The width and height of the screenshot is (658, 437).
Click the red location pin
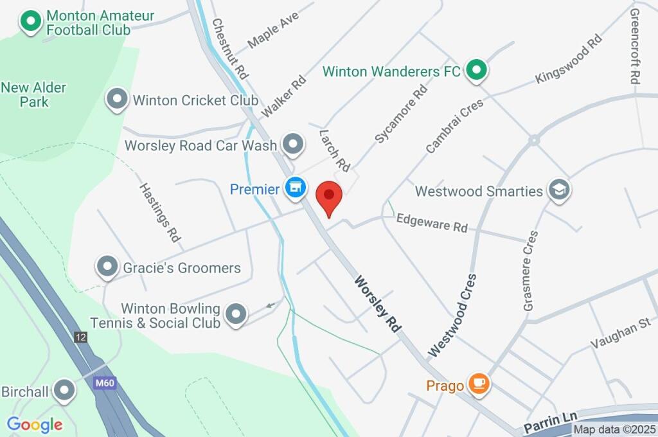click(x=330, y=195)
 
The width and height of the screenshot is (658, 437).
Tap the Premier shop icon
click(x=295, y=188)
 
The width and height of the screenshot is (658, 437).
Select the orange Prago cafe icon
click(x=478, y=384)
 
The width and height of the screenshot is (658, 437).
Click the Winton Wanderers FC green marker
click(x=476, y=70)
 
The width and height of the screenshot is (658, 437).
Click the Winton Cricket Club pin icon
click(x=117, y=100)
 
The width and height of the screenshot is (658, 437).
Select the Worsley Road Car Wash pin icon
click(x=294, y=144)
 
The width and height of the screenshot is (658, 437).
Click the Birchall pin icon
click(x=64, y=390)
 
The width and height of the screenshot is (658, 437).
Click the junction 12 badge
click(x=80, y=337)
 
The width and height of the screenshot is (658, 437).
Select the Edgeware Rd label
click(x=432, y=223)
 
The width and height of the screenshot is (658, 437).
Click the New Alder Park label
click(x=33, y=94)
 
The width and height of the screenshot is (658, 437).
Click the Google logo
click(x=35, y=424)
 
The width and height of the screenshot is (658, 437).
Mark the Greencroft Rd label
click(x=636, y=46)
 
